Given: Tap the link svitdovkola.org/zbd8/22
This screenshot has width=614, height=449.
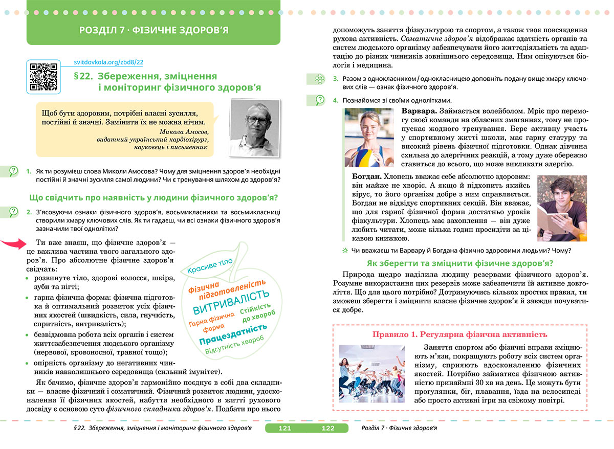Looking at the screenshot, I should click(108, 62).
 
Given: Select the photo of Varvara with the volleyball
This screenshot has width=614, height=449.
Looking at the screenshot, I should click(369, 137).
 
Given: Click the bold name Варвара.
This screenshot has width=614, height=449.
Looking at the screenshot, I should click(419, 111).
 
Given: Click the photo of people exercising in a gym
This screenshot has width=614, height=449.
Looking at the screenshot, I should click(372, 377).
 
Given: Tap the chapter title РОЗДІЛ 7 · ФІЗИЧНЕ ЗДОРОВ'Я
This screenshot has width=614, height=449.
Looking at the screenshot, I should click(154, 30).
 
